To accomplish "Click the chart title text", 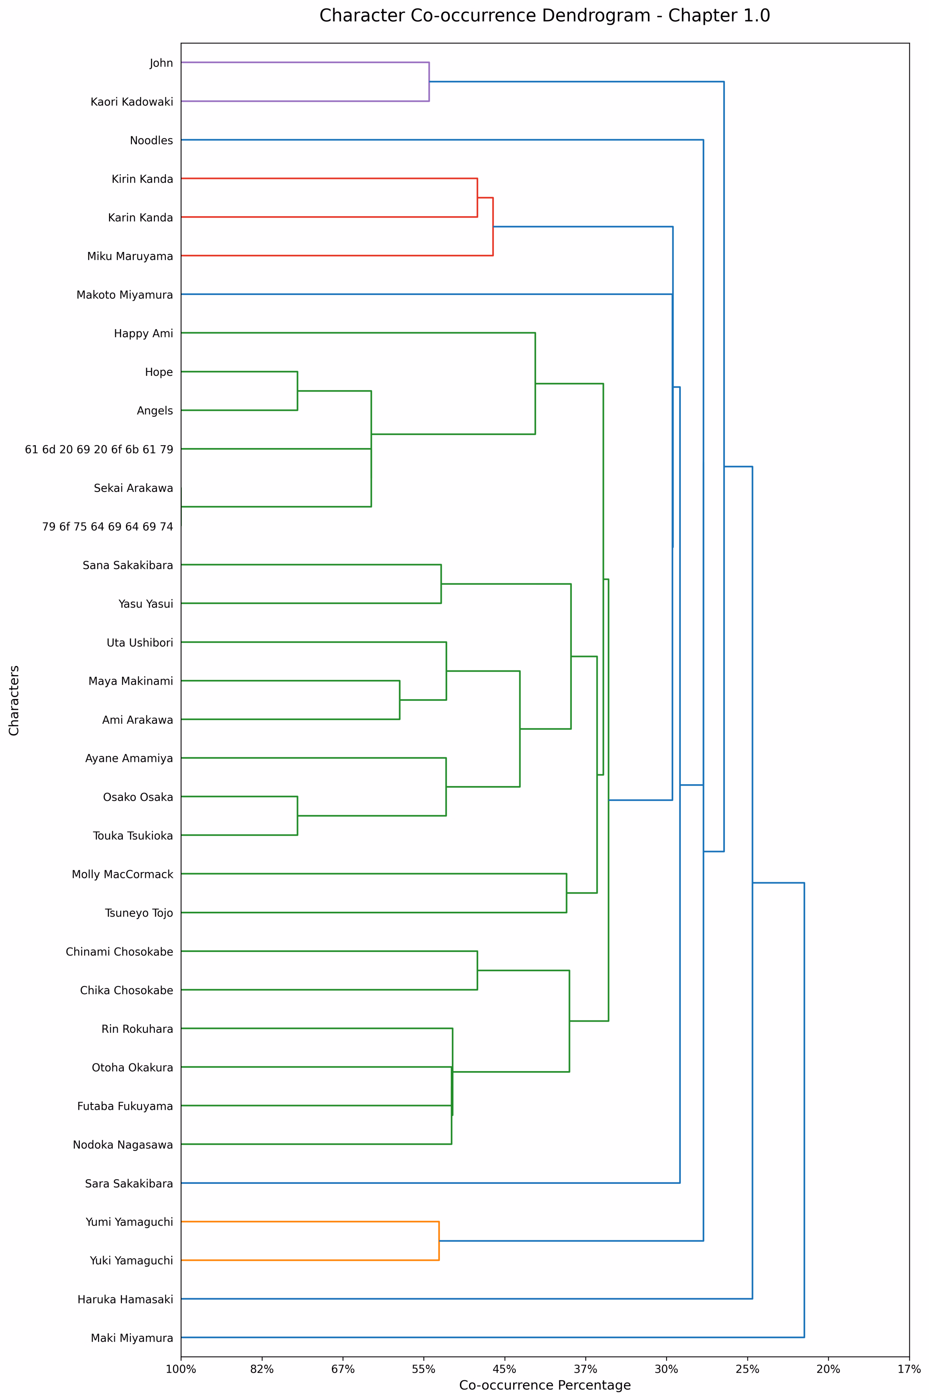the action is coord(544,16).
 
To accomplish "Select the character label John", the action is coord(161,63).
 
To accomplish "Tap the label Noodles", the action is coord(152,140).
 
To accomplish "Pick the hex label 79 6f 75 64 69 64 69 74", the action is coord(108,526).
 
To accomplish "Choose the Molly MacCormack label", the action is coord(123,874).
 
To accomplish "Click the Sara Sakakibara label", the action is coord(129,1184).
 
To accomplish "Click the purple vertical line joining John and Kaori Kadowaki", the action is coord(429,82).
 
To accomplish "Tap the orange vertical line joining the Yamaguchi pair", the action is coord(439,1241).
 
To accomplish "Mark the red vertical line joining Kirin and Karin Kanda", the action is coord(477,198).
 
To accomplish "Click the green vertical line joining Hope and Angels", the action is coord(297,391).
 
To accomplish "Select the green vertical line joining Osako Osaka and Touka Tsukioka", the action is coord(297,816).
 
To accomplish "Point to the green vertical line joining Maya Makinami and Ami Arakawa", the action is coord(400,700).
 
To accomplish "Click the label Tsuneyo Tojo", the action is coord(139,913).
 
